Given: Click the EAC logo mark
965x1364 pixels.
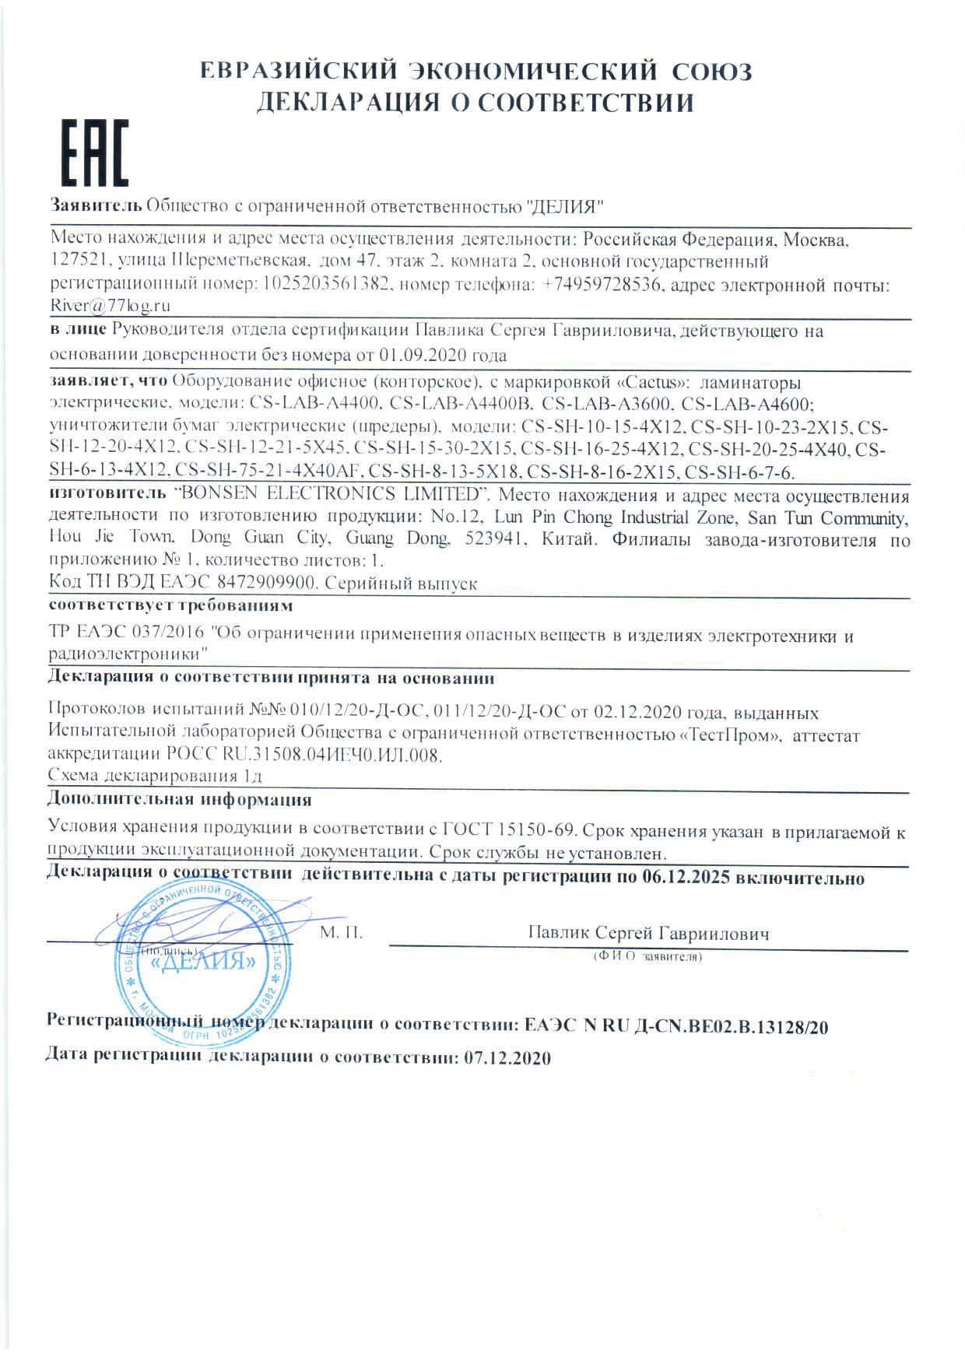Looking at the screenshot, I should click(x=95, y=153).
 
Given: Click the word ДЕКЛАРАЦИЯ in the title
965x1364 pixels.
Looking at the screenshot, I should click(x=339, y=103).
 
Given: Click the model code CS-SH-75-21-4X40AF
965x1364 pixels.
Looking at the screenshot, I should click(x=268, y=472).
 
